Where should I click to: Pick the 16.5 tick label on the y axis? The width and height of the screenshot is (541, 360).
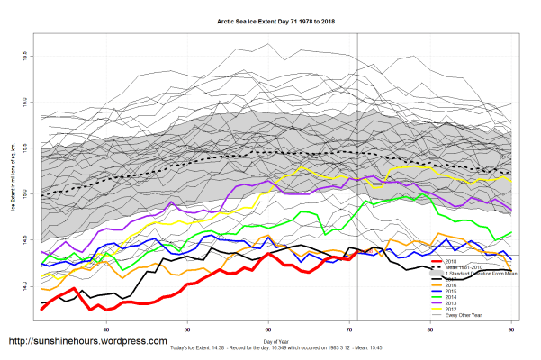point(23,56)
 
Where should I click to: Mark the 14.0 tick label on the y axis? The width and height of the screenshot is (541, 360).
point(23,286)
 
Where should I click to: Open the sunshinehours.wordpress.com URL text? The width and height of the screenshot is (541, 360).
point(87,342)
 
